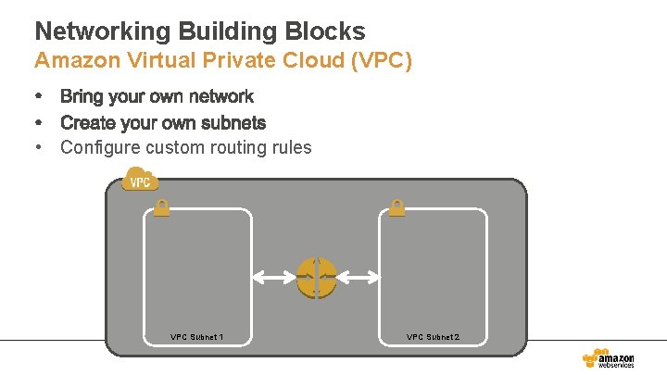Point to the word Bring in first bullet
click(x=82, y=97)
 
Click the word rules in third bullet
click(x=293, y=148)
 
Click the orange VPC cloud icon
click(x=140, y=179)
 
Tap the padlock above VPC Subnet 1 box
click(x=161, y=207)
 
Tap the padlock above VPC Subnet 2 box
click(x=396, y=207)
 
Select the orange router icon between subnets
click(x=316, y=278)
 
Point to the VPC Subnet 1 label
click(x=196, y=337)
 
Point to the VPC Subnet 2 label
click(x=433, y=337)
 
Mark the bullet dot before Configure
click(x=40, y=147)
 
